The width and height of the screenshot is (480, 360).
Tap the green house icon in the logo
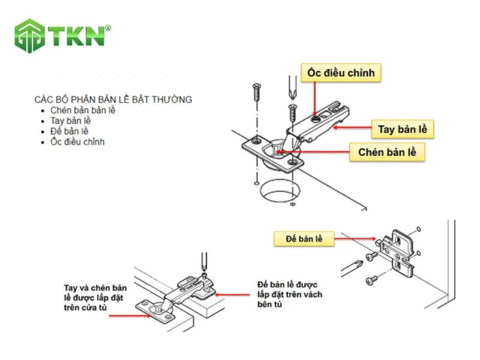click(x=30, y=36)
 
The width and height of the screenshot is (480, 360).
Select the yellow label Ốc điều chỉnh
click(x=341, y=73)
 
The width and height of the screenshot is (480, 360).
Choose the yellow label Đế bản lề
click(x=302, y=239)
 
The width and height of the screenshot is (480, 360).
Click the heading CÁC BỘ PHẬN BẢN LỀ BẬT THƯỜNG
click(x=113, y=99)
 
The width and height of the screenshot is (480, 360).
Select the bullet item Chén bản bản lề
click(x=83, y=110)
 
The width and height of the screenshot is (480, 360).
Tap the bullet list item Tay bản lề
click(x=71, y=121)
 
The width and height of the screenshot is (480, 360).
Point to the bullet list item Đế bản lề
click(x=70, y=131)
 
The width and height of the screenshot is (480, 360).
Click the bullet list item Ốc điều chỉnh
click(x=77, y=142)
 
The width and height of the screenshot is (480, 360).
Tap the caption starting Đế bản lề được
click(x=289, y=294)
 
